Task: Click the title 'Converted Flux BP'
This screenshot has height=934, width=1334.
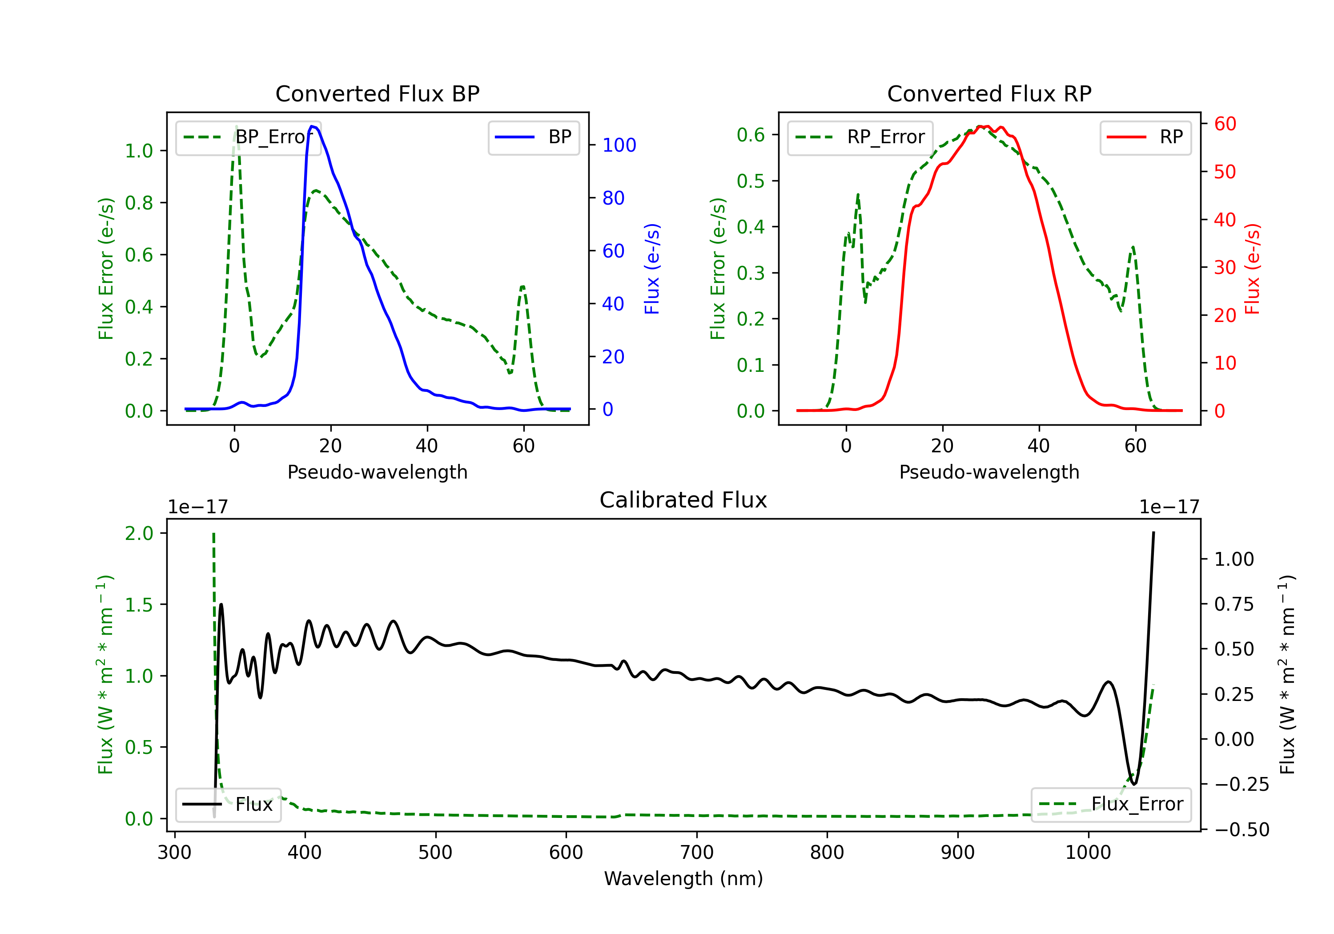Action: click(377, 93)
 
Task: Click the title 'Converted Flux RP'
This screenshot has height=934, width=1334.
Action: click(989, 93)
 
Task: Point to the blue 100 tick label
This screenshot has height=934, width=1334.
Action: click(619, 145)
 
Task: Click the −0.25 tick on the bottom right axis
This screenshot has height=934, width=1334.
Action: click(1242, 785)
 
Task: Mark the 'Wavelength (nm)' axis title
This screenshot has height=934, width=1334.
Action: click(683, 878)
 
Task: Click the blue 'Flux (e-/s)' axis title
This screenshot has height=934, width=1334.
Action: click(652, 269)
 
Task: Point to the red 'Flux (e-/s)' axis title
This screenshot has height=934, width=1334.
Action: click(1252, 269)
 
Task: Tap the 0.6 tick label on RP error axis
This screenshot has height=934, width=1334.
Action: click(750, 135)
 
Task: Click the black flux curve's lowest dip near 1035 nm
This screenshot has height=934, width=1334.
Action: click(1133, 784)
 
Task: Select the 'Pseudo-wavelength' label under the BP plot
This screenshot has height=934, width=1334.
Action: click(377, 472)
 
